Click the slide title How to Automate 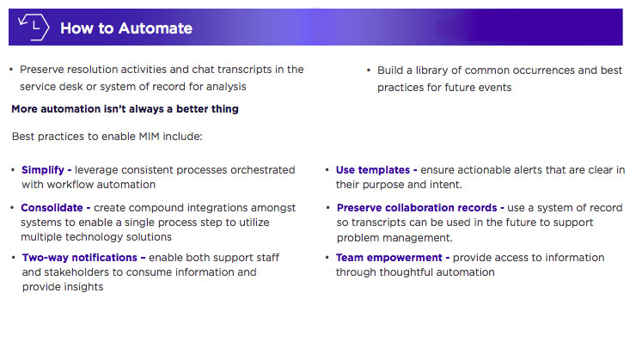tap(126, 28)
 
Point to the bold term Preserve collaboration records tap(419, 208)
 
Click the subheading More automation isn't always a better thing tap(125, 109)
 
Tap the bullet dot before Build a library tap(369, 70)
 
